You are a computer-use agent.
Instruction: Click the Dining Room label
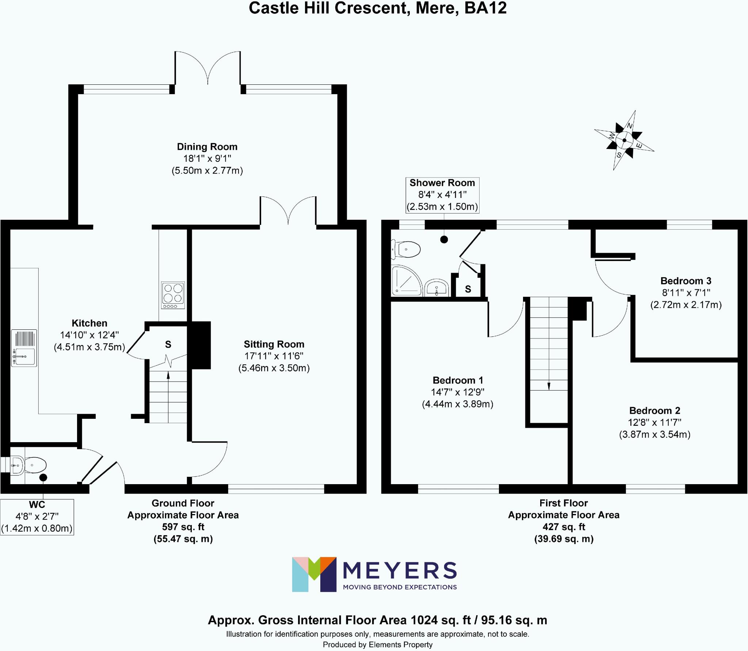pos(207,147)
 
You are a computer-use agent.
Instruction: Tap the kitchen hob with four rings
pos(173,295)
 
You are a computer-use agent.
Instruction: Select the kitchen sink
pos(24,348)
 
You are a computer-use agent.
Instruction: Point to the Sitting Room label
pos(274,344)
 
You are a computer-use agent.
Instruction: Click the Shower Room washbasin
pos(437,287)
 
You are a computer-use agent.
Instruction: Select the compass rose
pos(624,140)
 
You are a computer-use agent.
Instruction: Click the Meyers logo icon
pos(314,574)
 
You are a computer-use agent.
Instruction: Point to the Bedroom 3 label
pos(686,281)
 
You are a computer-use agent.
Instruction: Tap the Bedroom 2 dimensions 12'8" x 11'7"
pos(654,422)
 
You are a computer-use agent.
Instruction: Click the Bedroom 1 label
pos(458,380)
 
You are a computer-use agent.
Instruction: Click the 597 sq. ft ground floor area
pos(183,527)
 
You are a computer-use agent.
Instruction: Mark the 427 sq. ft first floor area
pos(564,527)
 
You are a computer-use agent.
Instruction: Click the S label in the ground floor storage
pos(168,344)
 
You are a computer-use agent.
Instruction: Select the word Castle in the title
pos(273,8)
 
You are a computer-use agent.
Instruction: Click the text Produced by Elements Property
pos(377,645)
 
